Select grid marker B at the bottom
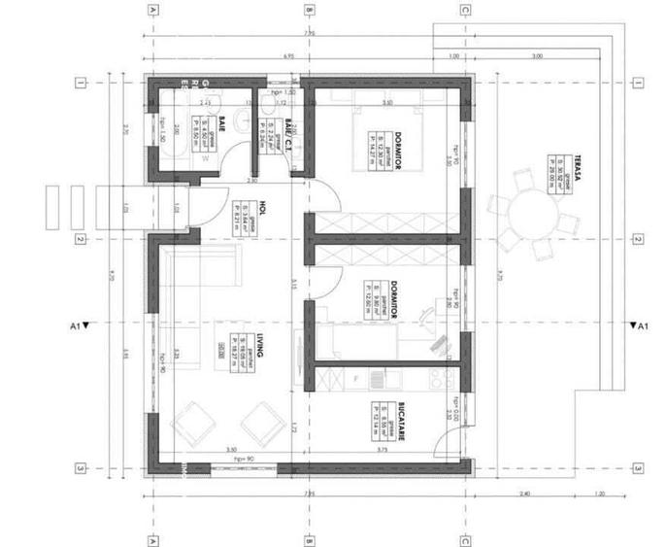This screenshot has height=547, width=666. point(309,535)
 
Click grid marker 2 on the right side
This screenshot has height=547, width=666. point(638,238)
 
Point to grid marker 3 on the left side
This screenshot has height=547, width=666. point(82,467)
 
